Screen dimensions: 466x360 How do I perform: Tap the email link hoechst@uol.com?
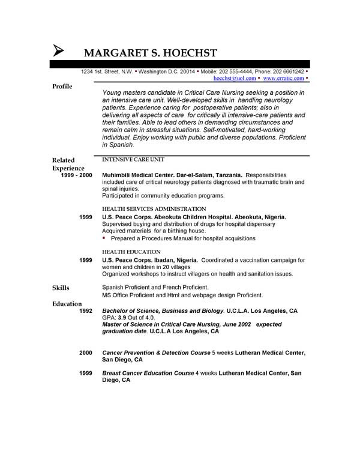pyautogui.click(x=234, y=78)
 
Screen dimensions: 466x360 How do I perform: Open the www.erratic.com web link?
pyautogui.click(x=283, y=78)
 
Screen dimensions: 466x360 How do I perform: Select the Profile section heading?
pyautogui.click(x=62, y=86)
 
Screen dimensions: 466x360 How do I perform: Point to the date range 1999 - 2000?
pyautogui.click(x=76, y=175)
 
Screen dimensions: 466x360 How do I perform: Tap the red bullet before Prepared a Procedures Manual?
pyautogui.click(x=105, y=238)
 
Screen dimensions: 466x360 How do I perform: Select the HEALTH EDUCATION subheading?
pyautogui.click(x=131, y=252)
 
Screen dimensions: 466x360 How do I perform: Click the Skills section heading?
pyautogui.click(x=61, y=288)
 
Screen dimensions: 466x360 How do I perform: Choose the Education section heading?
pyautogui.click(x=67, y=304)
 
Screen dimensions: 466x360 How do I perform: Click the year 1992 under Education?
pyautogui.click(x=85, y=311)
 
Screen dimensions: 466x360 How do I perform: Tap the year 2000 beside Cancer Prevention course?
pyautogui.click(x=85, y=353)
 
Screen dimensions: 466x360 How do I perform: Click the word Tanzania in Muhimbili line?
pyautogui.click(x=227, y=175)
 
